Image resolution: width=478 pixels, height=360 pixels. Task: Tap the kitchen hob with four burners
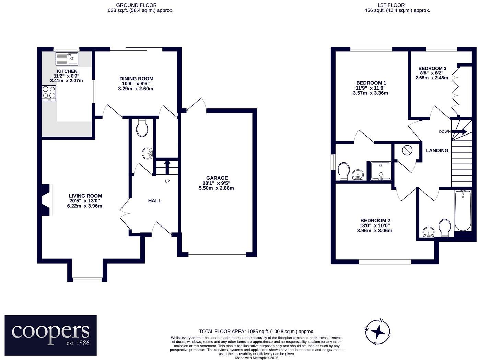49,93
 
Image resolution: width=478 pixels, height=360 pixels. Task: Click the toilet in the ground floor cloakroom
142,128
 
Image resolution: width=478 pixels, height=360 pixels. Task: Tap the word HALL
154,201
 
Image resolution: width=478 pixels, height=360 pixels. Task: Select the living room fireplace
46,200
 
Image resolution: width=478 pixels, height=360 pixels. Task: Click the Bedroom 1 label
371,83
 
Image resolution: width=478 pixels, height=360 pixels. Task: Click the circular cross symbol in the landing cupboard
407,150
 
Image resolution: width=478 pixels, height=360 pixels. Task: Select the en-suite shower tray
380,171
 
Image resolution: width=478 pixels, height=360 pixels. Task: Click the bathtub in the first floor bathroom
463,211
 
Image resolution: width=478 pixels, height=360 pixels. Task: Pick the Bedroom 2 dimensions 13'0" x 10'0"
375,225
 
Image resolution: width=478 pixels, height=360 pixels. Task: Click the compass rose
378,332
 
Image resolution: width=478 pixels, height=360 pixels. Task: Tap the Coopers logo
50,335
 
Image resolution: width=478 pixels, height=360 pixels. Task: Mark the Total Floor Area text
256,332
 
